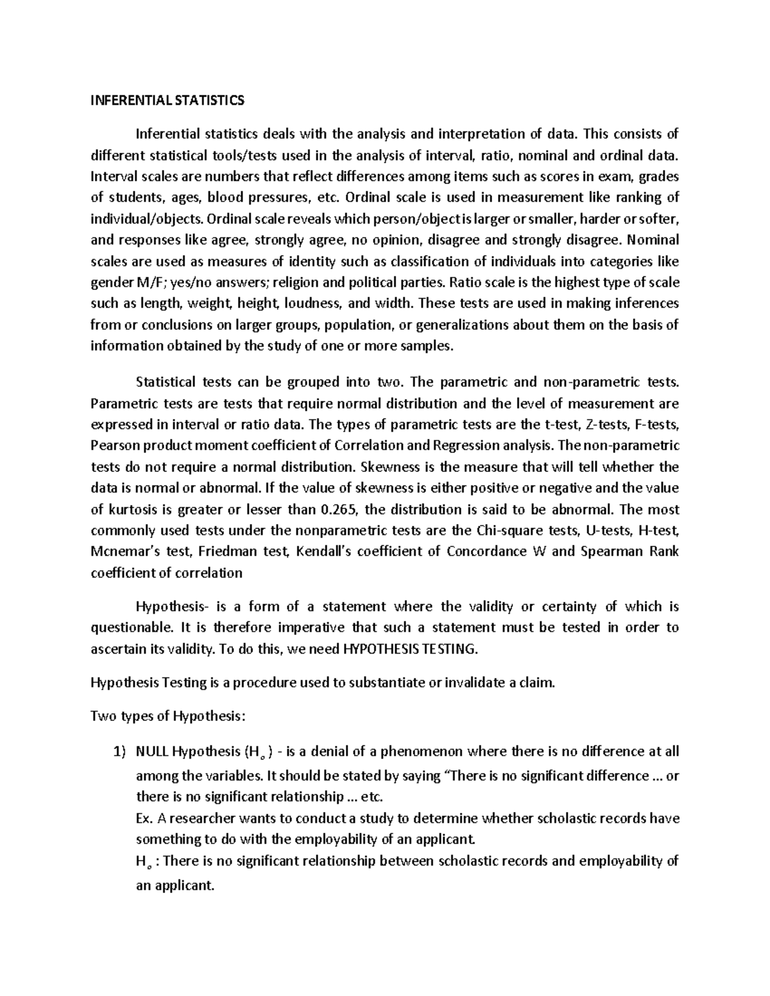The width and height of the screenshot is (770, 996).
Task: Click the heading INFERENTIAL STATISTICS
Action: coord(167,101)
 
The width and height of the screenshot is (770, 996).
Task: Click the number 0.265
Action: coord(339,510)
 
